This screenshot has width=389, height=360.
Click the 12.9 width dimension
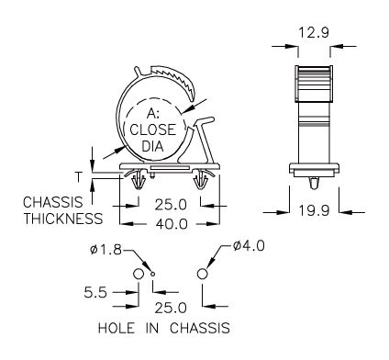pos(314,32)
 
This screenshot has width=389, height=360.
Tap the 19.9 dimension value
pos(314,210)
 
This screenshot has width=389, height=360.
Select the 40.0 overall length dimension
pos(172,224)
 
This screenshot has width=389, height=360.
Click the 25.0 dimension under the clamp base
pos(171,205)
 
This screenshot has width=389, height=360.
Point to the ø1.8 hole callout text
pos(106,250)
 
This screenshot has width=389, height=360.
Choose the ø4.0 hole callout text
pos(249,246)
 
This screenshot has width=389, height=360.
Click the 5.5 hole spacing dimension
pos(95,293)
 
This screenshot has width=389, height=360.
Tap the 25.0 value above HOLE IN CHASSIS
pos(171,308)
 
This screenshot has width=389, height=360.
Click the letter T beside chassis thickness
pos(79,176)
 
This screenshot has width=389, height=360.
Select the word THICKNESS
pos(63,219)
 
